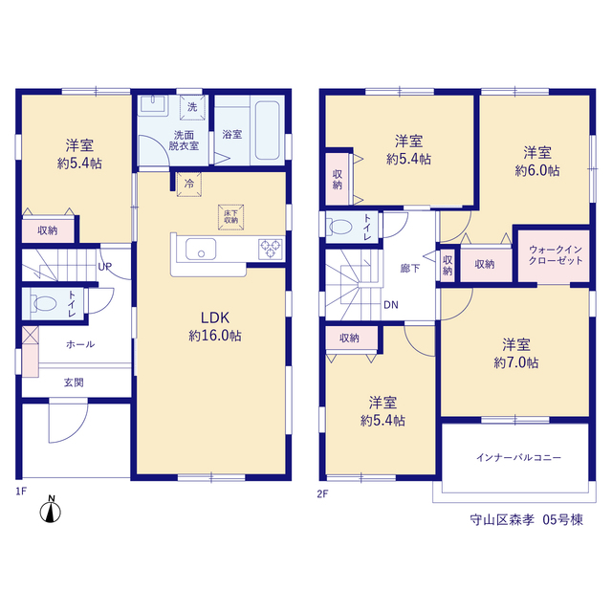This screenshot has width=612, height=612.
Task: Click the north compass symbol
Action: (x=51, y=510)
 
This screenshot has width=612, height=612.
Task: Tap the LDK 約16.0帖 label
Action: (x=215, y=327)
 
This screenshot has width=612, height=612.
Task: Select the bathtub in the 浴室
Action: (x=268, y=130)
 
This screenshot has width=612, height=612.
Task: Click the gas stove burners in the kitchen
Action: (x=271, y=249)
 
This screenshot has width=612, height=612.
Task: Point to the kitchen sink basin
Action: (x=201, y=249)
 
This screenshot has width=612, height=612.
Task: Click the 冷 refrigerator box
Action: (x=189, y=185)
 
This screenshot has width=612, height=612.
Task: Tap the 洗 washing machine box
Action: (x=192, y=107)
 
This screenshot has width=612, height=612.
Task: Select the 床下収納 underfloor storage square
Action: (x=231, y=217)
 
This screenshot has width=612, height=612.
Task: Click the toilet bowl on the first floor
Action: (x=44, y=303)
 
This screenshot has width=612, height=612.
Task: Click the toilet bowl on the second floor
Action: (x=339, y=227)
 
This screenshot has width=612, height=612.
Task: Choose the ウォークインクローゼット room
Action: (x=554, y=255)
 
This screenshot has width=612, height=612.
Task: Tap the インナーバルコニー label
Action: (x=518, y=457)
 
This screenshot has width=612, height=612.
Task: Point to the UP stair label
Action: (x=104, y=267)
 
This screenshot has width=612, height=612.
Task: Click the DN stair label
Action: (x=391, y=305)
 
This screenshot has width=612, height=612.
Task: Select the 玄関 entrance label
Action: (x=74, y=382)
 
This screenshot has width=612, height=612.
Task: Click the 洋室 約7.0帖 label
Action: (x=516, y=354)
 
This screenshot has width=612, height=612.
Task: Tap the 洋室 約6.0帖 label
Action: (x=537, y=162)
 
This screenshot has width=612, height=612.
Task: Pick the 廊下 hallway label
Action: (x=410, y=269)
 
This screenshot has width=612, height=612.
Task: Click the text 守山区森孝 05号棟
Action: (x=527, y=520)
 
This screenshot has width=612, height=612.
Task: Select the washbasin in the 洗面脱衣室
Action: (x=153, y=104)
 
